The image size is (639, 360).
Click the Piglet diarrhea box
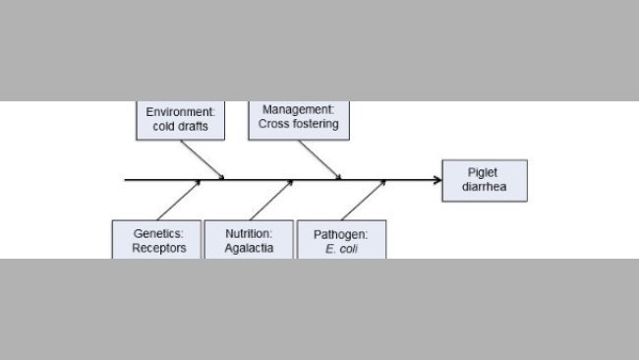click(484, 180)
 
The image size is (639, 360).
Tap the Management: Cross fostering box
click(299, 118)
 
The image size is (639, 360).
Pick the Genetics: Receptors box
click(158, 240)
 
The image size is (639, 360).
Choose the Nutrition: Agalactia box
click(249, 240)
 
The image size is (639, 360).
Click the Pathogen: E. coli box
click(341, 241)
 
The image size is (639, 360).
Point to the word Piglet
click(484, 172)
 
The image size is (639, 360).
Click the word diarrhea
click(484, 187)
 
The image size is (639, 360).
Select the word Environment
click(181, 112)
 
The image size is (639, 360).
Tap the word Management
click(299, 109)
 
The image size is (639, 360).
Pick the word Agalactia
click(250, 248)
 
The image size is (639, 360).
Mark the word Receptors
click(159, 248)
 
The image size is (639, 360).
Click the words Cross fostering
click(299, 124)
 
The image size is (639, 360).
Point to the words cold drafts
click(181, 127)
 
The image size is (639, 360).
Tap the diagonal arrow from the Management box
click(319, 159)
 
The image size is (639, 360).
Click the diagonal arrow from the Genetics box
click(178, 200)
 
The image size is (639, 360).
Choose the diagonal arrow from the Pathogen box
click(362, 200)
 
